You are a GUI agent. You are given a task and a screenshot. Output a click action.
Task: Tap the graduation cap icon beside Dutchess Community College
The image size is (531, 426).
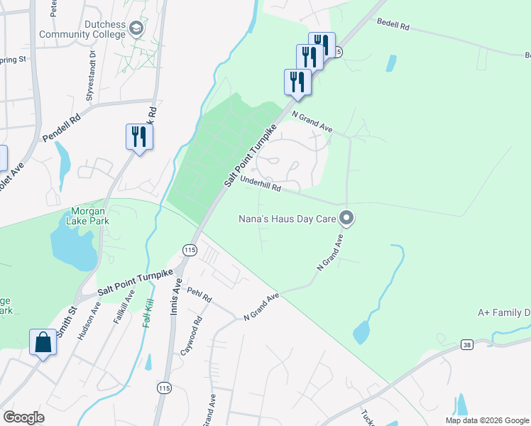[x=137, y=28]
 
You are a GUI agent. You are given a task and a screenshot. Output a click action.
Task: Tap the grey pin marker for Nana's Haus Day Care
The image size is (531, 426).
[x=347, y=218]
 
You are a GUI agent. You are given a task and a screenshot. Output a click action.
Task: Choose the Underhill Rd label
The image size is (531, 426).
[x=261, y=185]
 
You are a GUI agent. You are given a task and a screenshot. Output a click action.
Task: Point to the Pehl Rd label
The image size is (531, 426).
[x=199, y=295]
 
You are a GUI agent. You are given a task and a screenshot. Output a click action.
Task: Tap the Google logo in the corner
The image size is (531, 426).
[x=23, y=417]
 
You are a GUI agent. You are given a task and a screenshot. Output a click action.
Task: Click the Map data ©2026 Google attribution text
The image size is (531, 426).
[x=487, y=420]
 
